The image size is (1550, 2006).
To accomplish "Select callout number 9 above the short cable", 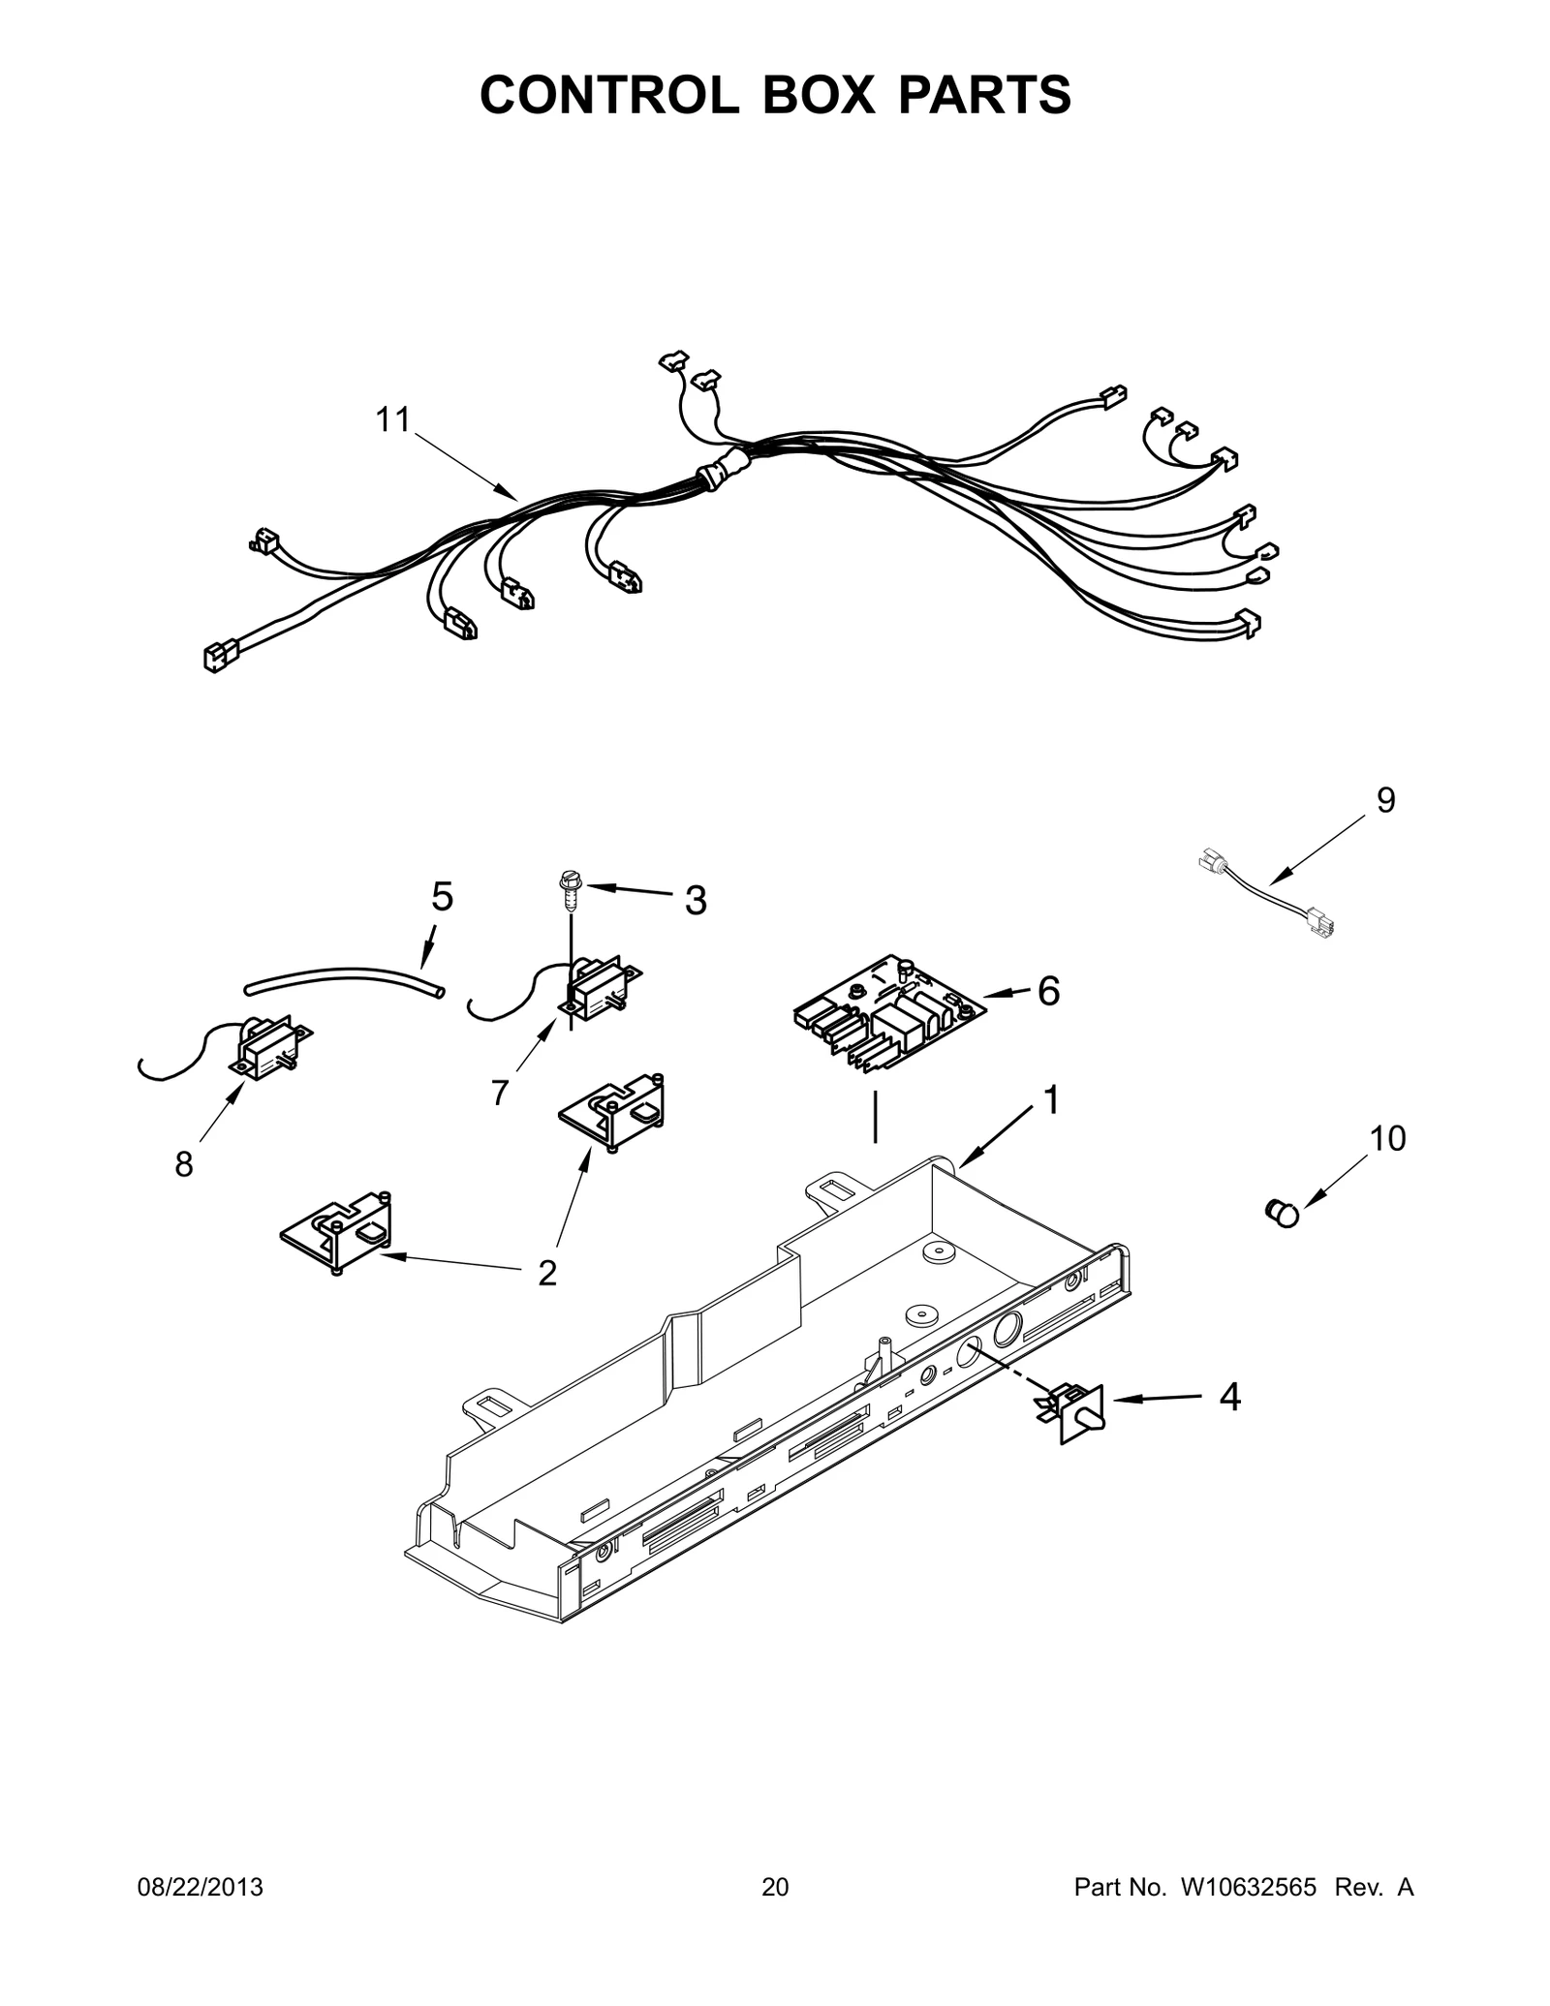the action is (x=1386, y=800).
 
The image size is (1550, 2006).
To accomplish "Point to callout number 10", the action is (x=1388, y=1139).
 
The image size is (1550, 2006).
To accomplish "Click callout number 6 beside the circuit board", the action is (x=1048, y=990).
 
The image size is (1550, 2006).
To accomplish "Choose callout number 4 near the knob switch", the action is (x=1229, y=1397).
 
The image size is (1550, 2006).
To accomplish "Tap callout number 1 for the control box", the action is (x=1049, y=1100).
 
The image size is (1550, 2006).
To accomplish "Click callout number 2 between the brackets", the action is (x=547, y=1273).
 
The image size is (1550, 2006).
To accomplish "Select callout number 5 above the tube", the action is (x=442, y=897).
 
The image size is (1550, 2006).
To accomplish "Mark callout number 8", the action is (x=184, y=1164).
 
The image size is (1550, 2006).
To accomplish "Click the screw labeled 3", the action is (x=568, y=887).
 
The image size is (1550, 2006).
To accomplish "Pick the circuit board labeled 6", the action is (x=888, y=1011).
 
